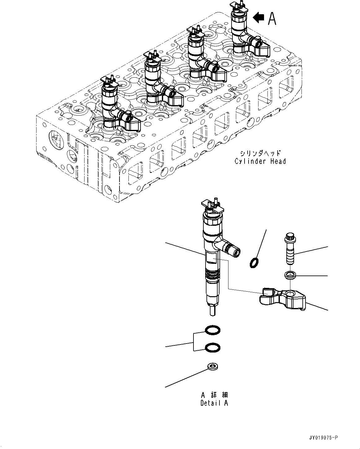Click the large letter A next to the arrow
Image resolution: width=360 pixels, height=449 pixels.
coord(272,19)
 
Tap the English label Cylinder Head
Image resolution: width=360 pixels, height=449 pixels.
coord(260,161)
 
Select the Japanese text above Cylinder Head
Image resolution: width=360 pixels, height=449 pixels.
coord(260,153)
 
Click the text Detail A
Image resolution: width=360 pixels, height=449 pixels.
coord(214,403)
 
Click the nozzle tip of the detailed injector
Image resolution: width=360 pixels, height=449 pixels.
coord(212,310)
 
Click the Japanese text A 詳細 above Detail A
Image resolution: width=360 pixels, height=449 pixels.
coord(214,395)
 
